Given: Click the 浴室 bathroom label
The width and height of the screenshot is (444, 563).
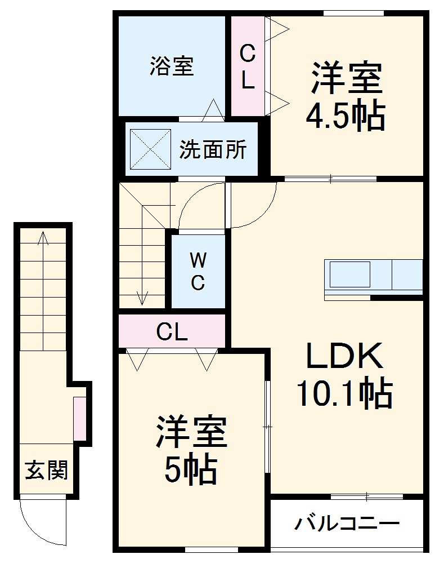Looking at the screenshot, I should click(172, 67).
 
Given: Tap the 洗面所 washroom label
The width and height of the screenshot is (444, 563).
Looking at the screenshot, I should click(213, 150).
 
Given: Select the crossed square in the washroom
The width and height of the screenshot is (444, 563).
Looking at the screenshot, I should click(150, 148).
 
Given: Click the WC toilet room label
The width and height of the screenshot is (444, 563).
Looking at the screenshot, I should click(198, 271).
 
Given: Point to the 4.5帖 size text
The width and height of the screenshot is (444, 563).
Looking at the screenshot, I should click(345, 117).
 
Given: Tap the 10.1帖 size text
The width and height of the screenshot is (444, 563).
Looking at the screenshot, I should click(344, 394).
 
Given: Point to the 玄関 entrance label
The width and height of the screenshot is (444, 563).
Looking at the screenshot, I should click(46, 469).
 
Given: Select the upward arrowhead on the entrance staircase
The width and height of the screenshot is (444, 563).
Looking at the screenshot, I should click(43, 237).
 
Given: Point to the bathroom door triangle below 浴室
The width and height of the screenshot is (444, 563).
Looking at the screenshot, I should click(212, 110).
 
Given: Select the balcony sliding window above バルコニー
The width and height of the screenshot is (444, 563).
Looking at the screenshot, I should click(366, 496).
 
